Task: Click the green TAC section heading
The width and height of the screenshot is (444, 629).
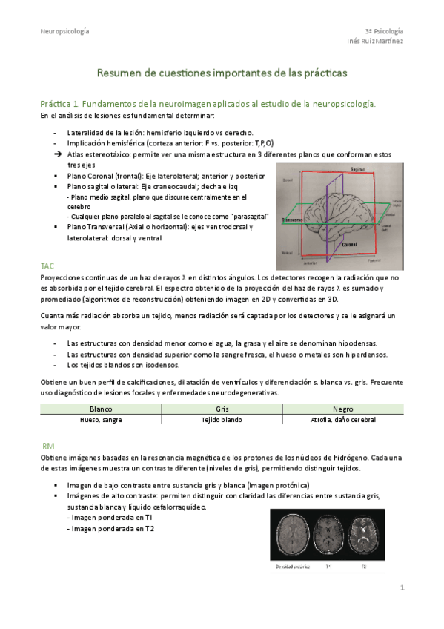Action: click(47, 265)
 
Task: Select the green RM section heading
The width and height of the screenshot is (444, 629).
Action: click(48, 446)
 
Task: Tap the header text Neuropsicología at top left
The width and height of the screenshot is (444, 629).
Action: click(64, 31)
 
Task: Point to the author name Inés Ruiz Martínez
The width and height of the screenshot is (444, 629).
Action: click(375, 42)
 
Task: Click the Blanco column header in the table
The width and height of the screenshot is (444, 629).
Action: click(101, 409)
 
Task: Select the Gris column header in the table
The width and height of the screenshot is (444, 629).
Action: click(222, 409)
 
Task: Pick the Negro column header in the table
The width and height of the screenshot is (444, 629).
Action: click(342, 409)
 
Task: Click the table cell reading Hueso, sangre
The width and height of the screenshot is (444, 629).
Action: click(101, 419)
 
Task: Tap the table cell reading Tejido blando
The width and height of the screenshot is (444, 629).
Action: click(222, 419)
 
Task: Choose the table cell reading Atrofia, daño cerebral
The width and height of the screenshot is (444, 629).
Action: click(342, 419)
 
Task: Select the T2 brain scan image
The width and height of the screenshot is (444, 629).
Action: click(363, 536)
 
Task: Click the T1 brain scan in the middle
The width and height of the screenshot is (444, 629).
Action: click(327, 536)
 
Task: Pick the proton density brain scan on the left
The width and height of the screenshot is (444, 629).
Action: click(291, 536)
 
